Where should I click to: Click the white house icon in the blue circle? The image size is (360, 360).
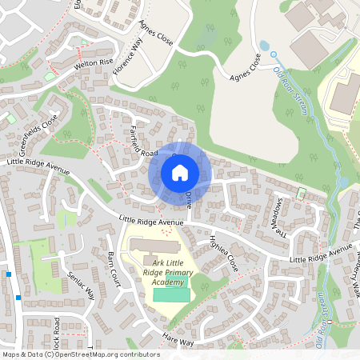pyautogui.click(x=179, y=172)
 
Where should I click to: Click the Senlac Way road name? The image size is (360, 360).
pyautogui.click(x=81, y=285)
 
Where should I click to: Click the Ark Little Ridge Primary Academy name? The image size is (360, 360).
pyautogui.click(x=168, y=273)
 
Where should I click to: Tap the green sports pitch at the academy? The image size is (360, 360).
pyautogui.click(x=172, y=294)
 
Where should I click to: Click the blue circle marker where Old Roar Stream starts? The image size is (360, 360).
pyautogui.click(x=272, y=54)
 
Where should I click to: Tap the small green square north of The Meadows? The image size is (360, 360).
pyautogui.click(x=302, y=194)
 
